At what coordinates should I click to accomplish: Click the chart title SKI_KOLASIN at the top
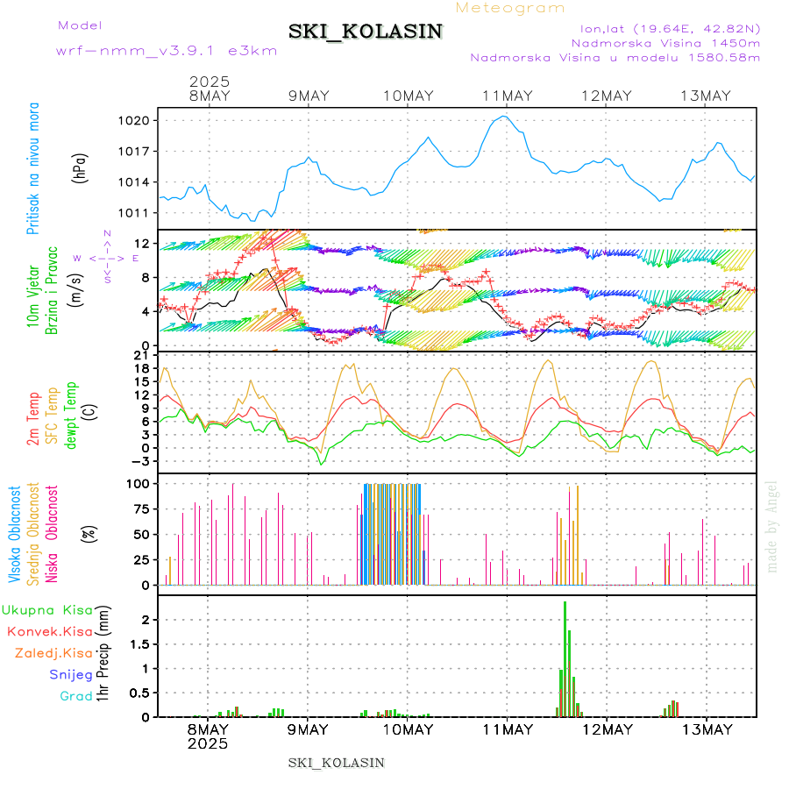coord(366,32)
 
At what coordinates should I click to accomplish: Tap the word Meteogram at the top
coord(510,8)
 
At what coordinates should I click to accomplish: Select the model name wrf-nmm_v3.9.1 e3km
coord(167,51)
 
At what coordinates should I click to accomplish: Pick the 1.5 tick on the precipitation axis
coord(143,643)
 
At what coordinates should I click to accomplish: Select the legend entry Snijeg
coord(71,674)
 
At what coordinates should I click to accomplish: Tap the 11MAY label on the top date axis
coord(508,96)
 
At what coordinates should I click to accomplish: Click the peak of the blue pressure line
coord(504,116)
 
